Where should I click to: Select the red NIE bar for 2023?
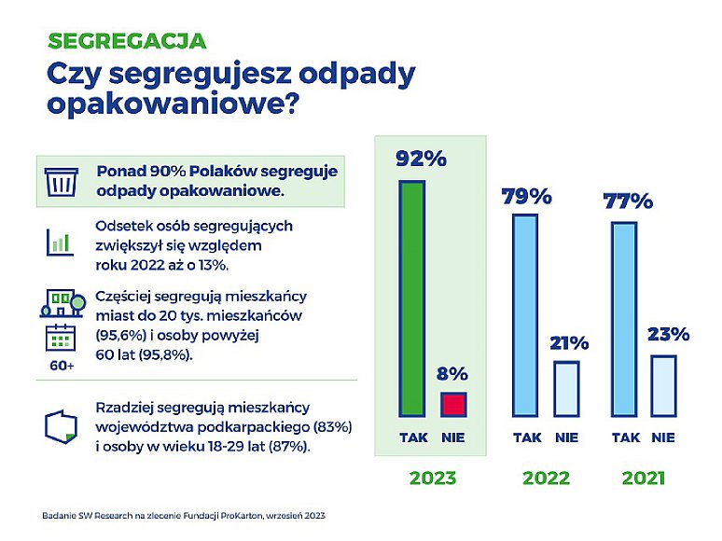coord(452,404)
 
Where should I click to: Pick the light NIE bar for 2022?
coord(566,388)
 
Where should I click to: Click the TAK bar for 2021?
coord(625,319)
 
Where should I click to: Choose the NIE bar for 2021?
coord(663,385)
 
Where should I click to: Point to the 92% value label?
coord(421,159)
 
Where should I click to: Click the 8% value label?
coord(452,374)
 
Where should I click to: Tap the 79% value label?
coord(527,197)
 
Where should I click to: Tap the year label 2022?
coord(546,479)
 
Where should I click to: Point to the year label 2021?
coord(644,479)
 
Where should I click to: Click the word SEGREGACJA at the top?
coord(126,41)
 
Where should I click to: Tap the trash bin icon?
coord(62,182)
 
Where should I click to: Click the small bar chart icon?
coord(60,241)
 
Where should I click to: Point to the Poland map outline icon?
coord(60,423)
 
